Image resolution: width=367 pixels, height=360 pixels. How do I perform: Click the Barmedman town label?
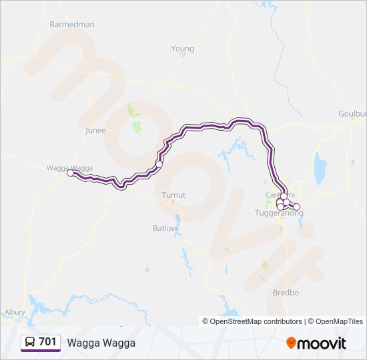72,25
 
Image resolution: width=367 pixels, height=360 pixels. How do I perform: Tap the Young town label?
182,49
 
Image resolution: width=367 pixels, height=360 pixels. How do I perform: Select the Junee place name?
95,131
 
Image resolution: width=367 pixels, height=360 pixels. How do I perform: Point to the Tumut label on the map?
173,195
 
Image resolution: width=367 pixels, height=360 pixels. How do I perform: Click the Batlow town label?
165,228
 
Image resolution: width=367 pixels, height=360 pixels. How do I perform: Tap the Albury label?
15,311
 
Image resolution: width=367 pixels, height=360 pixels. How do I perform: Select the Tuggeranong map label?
279,213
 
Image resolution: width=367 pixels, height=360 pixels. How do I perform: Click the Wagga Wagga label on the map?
69,168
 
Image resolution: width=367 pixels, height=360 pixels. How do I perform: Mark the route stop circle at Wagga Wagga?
71,173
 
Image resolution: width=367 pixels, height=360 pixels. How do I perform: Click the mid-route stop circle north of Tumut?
159,163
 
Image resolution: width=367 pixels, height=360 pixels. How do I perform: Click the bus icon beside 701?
31,342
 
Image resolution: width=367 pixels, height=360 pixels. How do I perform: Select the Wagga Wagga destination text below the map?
101,343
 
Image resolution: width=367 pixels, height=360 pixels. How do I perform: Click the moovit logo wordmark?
322,343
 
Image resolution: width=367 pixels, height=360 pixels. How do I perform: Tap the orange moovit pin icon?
291,343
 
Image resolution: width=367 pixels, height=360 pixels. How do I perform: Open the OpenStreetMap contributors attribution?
252,321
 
